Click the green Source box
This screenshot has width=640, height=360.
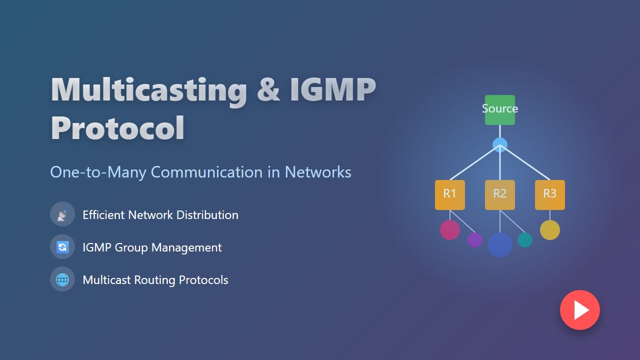pos(499,110)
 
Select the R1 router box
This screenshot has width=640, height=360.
pos(449,194)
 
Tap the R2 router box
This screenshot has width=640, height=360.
pos(499,194)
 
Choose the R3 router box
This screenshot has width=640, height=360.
pos(549,194)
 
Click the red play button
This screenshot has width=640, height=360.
pos(579,310)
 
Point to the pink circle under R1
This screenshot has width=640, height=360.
pos(449,229)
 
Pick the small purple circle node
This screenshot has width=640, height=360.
pos(474,240)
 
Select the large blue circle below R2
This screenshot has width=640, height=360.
pos(499,245)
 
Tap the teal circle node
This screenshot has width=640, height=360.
pos(524,240)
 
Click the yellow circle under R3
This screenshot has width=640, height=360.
pos(549,230)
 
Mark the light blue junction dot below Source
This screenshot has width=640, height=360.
pos(499,145)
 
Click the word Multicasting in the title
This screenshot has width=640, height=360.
pos(149,90)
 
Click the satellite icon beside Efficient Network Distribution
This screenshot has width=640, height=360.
pos(62,214)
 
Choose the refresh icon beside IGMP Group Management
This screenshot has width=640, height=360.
pos(62,247)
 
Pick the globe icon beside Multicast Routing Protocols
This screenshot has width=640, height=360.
pos(62,279)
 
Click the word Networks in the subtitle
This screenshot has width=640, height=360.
pos(318,172)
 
